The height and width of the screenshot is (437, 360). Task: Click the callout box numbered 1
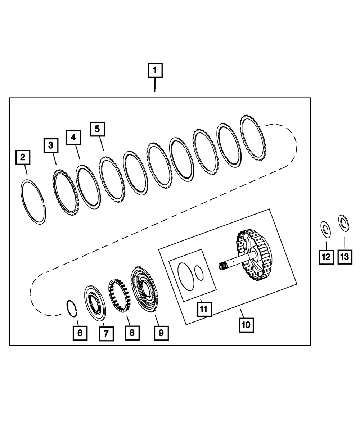pyautogui.click(x=155, y=71)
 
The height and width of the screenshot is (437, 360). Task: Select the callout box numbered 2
pyautogui.click(x=23, y=157)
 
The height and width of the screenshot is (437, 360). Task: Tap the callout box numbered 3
pyautogui.click(x=51, y=145)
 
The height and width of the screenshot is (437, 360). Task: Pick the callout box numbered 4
pyautogui.click(x=73, y=137)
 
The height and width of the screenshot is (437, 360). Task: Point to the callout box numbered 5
pyautogui.click(x=97, y=129)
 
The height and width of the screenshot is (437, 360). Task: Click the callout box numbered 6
pyautogui.click(x=80, y=333)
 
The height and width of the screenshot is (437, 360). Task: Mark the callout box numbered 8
pyautogui.click(x=132, y=333)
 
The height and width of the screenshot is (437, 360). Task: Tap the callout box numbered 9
pyautogui.click(x=161, y=333)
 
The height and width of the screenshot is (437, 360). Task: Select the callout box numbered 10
pyautogui.click(x=246, y=325)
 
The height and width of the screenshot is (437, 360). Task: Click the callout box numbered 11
pyautogui.click(x=204, y=308)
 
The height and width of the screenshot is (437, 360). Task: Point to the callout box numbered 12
pyautogui.click(x=326, y=257)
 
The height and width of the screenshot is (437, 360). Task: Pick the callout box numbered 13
pyautogui.click(x=344, y=257)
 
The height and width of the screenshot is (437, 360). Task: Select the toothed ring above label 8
pyautogui.click(x=120, y=296)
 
